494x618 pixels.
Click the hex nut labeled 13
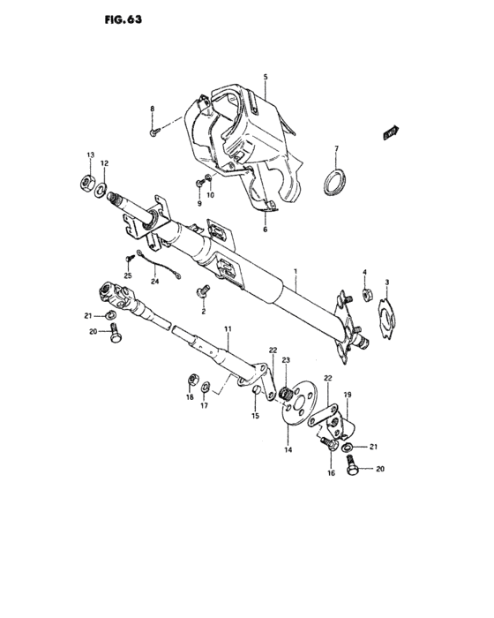pos(88,182)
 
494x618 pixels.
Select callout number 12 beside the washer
pos(104,163)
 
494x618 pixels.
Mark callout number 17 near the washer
pos(204,407)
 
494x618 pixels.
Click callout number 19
pos(348,394)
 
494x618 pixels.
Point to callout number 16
pos(332,472)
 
